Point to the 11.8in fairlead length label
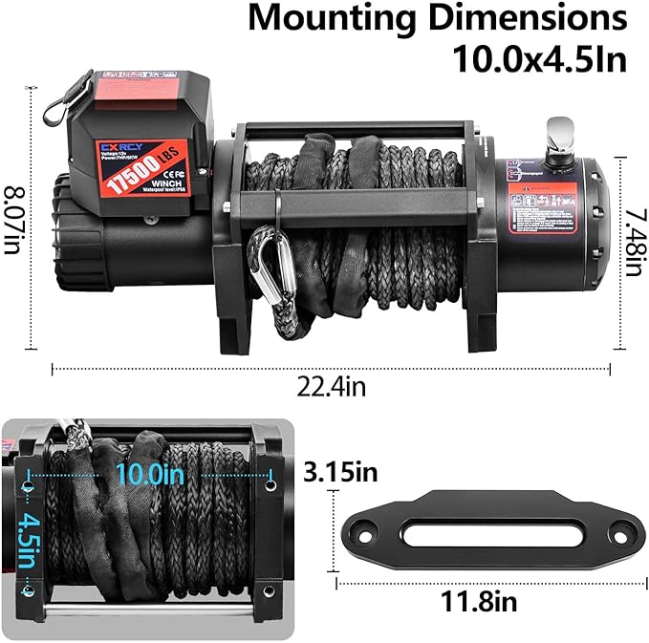point(479,603)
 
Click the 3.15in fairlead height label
point(339,472)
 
